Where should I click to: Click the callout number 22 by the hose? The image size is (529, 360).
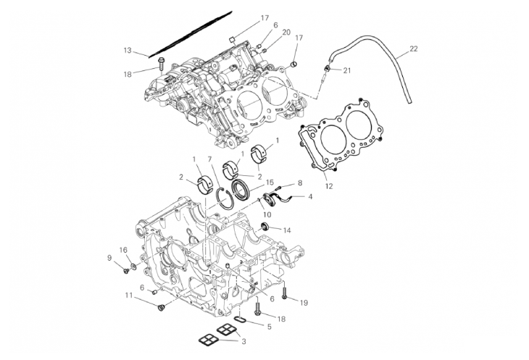pyautogui.click(x=413, y=49)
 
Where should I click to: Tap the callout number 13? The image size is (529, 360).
pyautogui.click(x=128, y=51)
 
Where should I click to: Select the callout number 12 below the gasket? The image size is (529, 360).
pyautogui.click(x=329, y=186)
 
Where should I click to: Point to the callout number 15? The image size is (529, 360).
pyautogui.click(x=270, y=183)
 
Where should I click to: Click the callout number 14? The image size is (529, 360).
pyautogui.click(x=287, y=230)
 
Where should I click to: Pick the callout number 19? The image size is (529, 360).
pyautogui.click(x=304, y=303)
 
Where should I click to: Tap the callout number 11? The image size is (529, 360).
pyautogui.click(x=129, y=296)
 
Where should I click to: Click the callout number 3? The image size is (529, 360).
pyautogui.click(x=243, y=341)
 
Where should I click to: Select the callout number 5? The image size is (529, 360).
pyautogui.click(x=270, y=327)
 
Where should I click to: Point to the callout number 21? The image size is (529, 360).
pyautogui.click(x=347, y=70)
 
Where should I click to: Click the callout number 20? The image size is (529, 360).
pyautogui.click(x=286, y=33)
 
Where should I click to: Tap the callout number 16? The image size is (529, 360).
pyautogui.click(x=123, y=250)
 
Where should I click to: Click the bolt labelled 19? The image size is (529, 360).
pyautogui.click(x=286, y=293)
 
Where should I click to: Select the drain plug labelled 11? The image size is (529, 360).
pyautogui.click(x=161, y=308)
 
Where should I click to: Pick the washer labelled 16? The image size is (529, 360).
pyautogui.click(x=133, y=267)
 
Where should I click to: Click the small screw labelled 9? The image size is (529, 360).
pyautogui.click(x=127, y=270)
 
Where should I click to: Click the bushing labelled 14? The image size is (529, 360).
pyautogui.click(x=265, y=226)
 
